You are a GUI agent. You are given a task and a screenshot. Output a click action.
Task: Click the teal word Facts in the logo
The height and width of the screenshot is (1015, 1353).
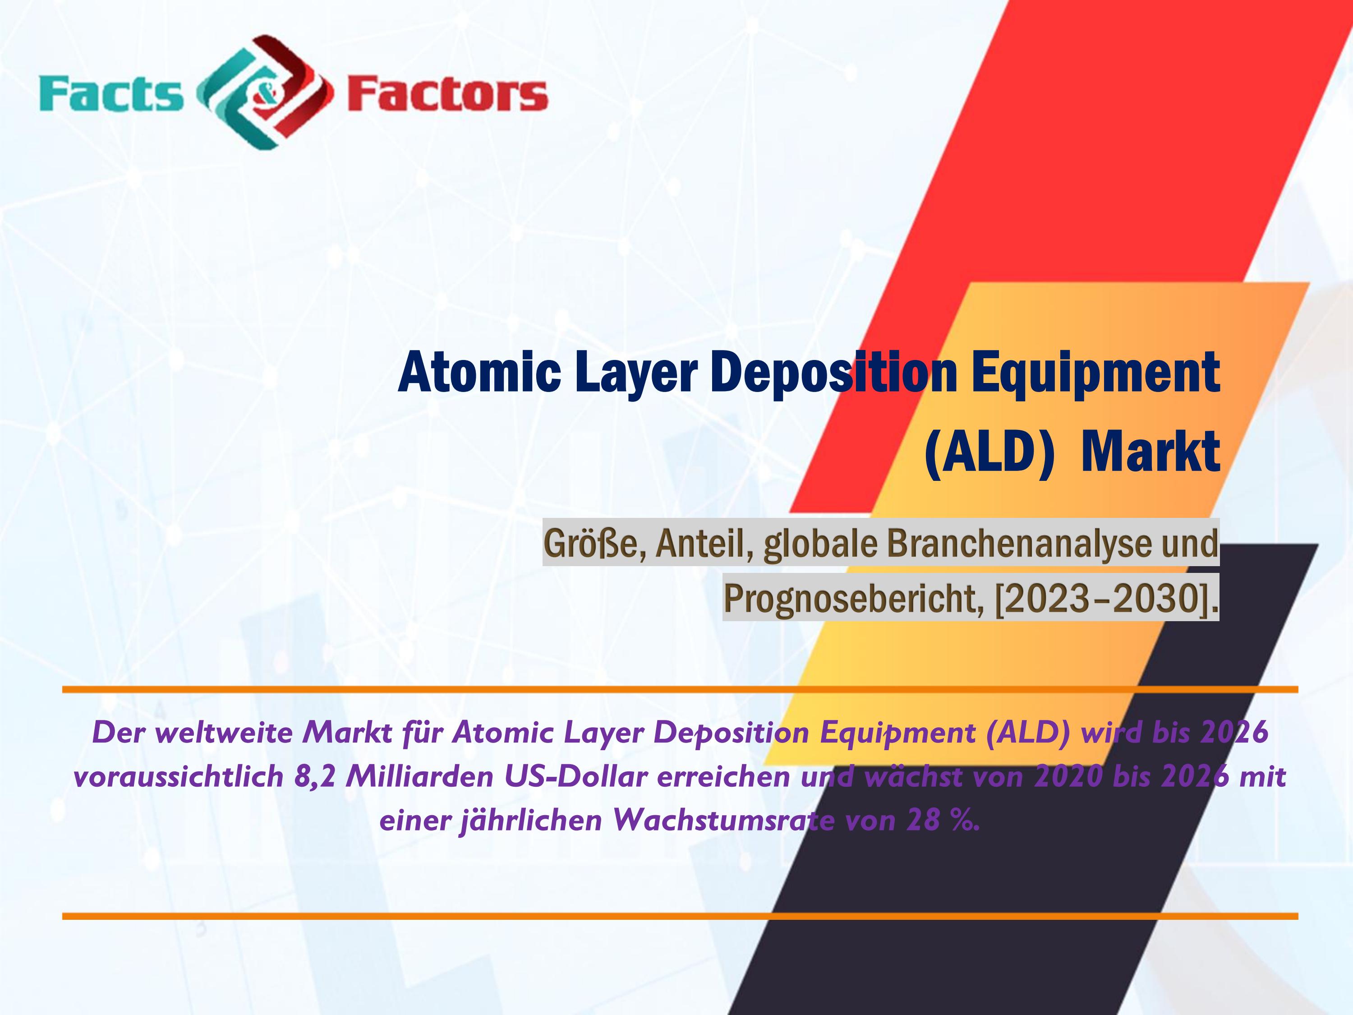(x=111, y=94)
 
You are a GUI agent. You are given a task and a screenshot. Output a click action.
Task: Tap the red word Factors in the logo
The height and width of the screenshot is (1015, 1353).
(x=447, y=94)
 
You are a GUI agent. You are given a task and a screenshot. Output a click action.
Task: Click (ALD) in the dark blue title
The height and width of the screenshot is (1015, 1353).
(x=989, y=452)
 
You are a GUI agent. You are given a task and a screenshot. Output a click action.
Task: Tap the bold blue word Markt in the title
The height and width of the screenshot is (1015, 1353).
(x=1151, y=452)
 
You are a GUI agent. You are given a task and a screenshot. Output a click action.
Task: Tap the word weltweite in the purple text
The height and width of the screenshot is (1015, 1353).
(x=225, y=732)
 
